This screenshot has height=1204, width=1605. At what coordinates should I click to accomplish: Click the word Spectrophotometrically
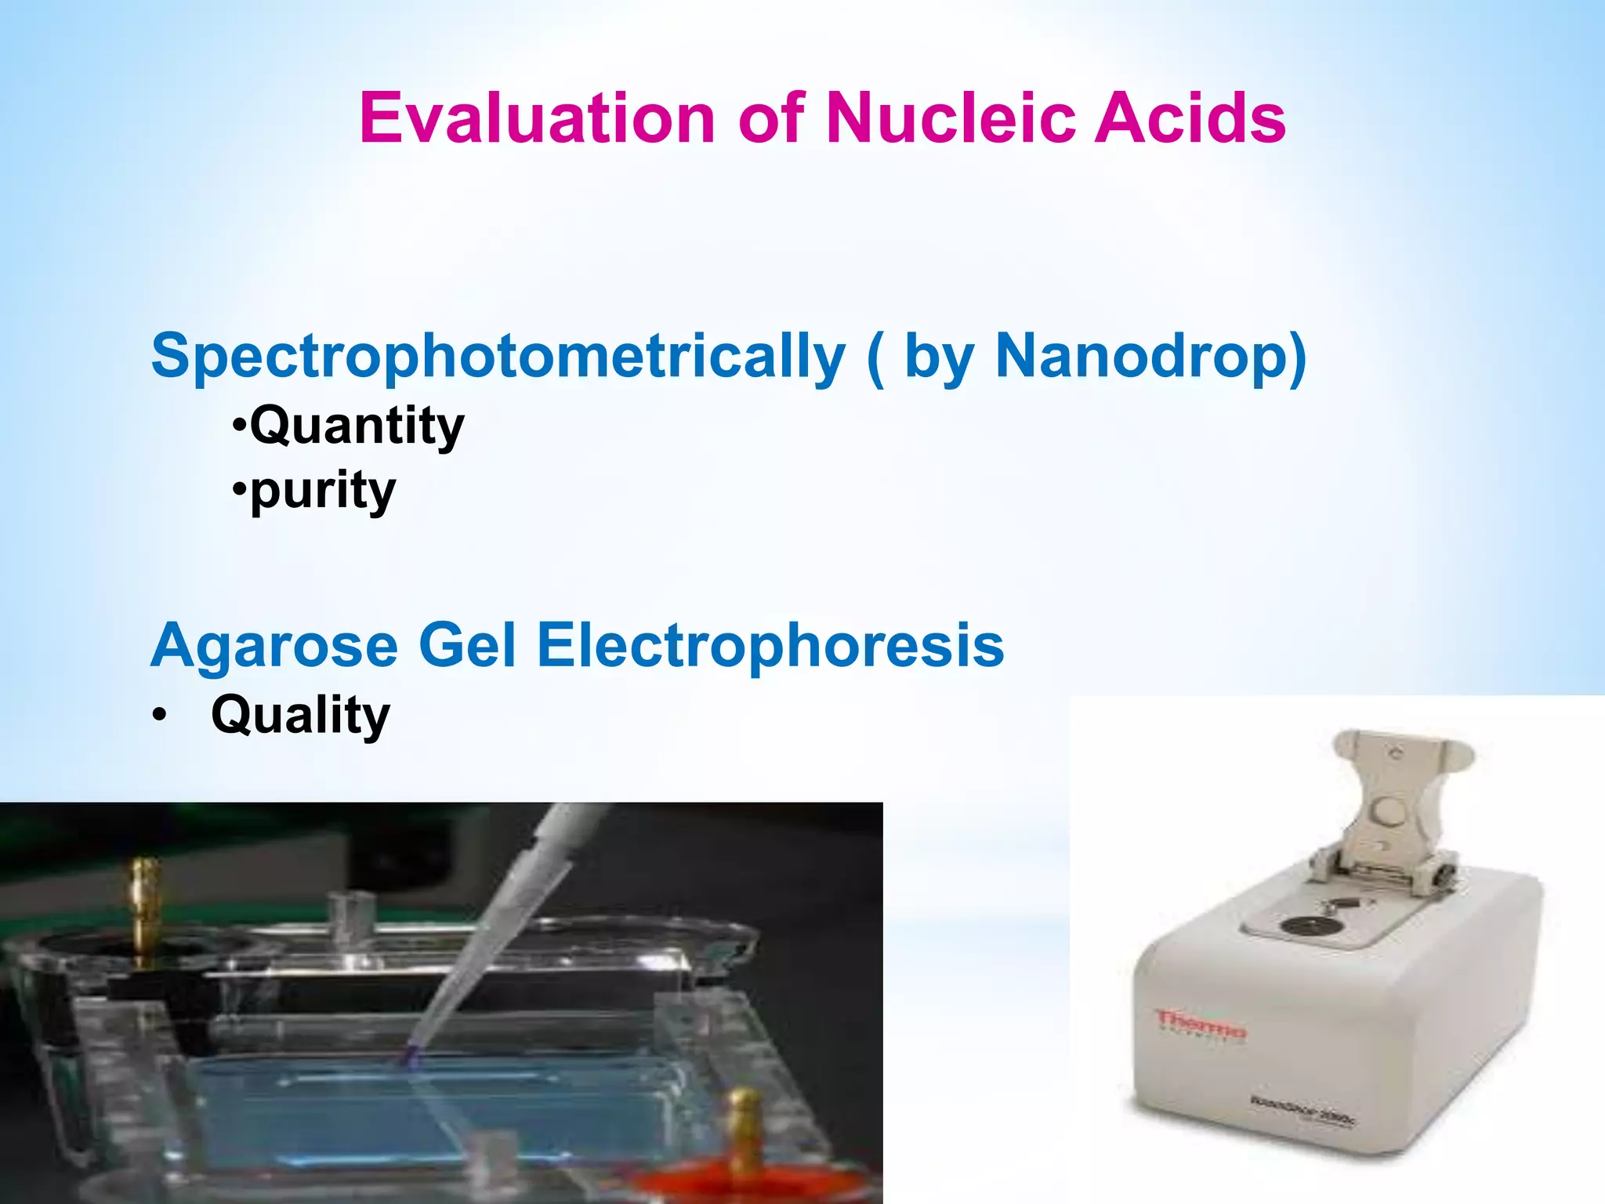498,357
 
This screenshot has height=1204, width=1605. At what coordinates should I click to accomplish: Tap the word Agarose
274,646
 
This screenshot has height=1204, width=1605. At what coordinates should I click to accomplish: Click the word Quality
300,715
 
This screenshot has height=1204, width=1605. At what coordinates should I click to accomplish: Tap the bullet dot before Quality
160,716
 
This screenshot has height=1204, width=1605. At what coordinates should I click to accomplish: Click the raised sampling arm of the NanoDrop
1387,800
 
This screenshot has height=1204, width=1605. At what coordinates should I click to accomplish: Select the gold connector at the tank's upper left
144,901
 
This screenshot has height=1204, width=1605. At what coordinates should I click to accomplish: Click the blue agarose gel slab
439,1113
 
